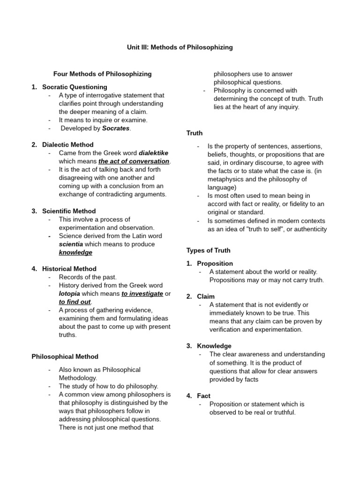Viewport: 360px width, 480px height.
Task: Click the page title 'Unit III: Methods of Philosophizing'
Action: pos(180,47)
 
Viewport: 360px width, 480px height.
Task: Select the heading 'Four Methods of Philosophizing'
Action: pos(102,74)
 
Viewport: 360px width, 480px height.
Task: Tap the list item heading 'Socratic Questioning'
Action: pos(75,87)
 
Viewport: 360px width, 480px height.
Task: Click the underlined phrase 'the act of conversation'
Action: pos(134,161)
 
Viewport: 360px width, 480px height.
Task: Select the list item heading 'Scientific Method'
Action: pos(69,211)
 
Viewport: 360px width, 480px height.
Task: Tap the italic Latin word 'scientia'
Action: pos(71,244)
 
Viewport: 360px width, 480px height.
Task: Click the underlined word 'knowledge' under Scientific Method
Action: pos(75,252)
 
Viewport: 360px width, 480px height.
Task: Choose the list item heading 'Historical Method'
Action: pos(69,269)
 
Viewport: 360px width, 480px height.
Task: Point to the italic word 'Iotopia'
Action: pos(69,293)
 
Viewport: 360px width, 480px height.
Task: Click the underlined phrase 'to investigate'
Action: pos(142,293)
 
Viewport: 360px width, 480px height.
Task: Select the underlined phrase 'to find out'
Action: pos(75,301)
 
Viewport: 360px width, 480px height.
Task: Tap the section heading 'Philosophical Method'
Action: pos(65,356)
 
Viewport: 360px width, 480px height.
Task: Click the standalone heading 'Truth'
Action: pos(195,133)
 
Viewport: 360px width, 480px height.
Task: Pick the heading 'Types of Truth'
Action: pos(209,250)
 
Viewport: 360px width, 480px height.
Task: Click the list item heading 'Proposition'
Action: pos(215,263)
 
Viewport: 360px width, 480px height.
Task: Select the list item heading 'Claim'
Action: pos(206,296)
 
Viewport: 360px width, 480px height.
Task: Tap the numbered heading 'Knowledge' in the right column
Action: pos(214,346)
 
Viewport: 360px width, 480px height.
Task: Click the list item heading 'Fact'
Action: pos(203,396)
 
